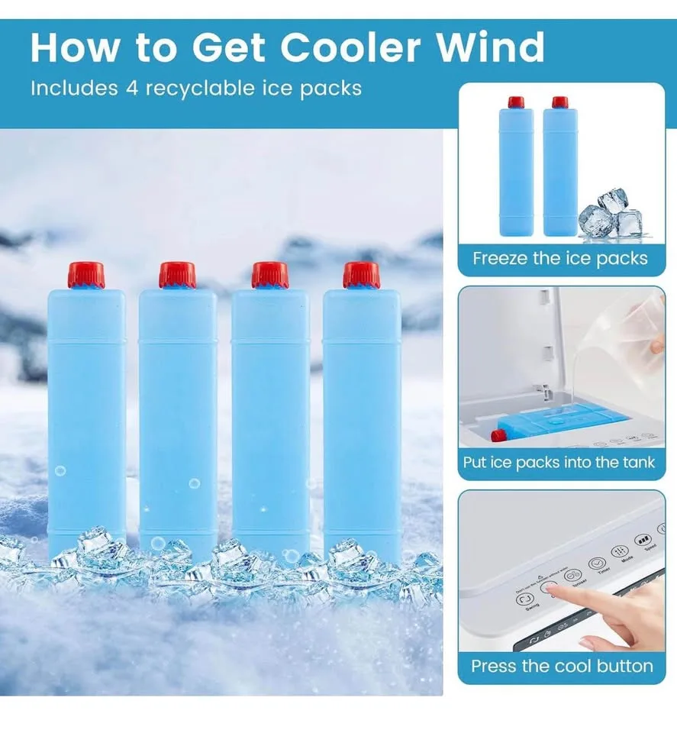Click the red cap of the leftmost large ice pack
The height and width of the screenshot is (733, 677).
[x=85, y=275]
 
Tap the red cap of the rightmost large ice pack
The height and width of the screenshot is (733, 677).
[x=361, y=275]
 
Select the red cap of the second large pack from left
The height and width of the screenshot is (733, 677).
[x=177, y=275]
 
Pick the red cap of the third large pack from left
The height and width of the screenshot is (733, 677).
[x=269, y=275]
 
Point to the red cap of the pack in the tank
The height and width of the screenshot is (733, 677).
[x=498, y=436]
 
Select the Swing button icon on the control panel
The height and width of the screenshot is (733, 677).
[x=526, y=600]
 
